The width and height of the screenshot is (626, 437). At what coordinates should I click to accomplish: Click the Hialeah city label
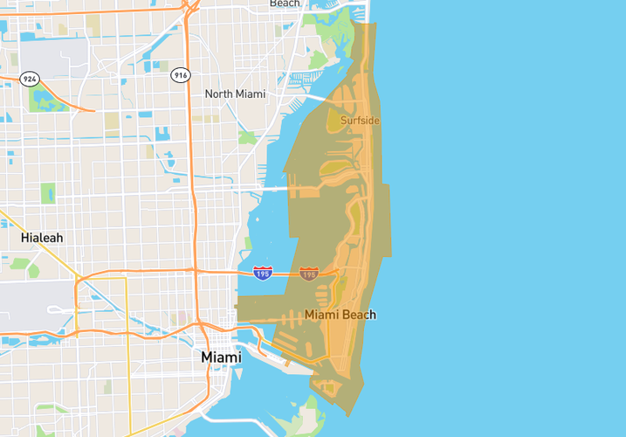42,238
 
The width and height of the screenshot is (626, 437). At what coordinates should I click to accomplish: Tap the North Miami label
235,94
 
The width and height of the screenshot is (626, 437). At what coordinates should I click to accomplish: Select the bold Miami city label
221,357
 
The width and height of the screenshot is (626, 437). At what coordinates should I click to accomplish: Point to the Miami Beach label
341,315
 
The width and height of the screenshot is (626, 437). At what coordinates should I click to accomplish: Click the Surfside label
360,121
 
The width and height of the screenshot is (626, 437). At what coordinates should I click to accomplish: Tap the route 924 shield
30,79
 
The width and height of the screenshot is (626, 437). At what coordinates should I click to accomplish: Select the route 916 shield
181,75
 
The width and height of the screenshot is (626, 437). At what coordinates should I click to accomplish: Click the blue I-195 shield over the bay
262,274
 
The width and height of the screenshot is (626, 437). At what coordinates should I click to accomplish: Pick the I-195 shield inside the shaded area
308,274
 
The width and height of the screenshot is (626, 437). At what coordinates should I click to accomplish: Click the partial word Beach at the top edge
285,3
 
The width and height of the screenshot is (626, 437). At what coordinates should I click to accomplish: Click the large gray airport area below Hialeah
26,302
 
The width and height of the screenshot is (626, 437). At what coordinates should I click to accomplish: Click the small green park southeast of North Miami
247,138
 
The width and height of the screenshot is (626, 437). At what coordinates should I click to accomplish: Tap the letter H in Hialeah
25,238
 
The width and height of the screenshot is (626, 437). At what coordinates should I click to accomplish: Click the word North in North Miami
220,94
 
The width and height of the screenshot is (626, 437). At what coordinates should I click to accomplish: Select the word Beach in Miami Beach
359,315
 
